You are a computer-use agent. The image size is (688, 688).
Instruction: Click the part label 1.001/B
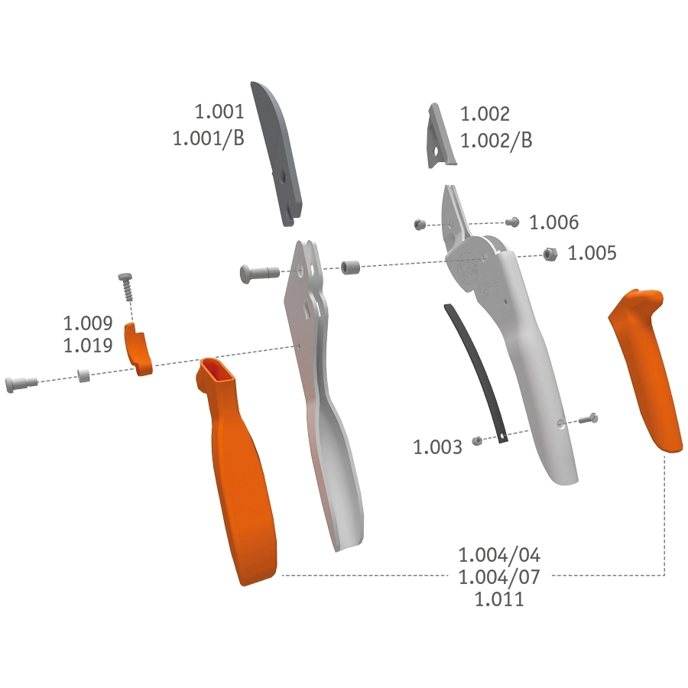coord(208,138)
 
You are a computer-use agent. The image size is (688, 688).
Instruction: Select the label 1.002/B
coord(495,141)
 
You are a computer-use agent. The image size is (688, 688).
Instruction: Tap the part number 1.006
coord(554,222)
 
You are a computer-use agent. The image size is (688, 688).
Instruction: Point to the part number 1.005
coord(592,253)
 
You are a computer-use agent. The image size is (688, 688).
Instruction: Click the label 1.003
coord(438,447)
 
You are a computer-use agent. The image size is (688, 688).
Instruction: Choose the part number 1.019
coord(88,346)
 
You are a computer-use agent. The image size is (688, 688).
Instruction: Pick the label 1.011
coord(499,599)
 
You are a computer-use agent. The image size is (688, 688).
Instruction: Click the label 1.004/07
coord(499,577)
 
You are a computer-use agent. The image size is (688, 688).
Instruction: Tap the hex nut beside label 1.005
coord(548,253)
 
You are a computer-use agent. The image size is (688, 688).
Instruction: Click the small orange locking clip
coord(138,349)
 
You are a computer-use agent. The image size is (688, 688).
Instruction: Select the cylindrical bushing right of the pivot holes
coord(351,268)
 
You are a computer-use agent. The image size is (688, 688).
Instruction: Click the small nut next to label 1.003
coord(476,440)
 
